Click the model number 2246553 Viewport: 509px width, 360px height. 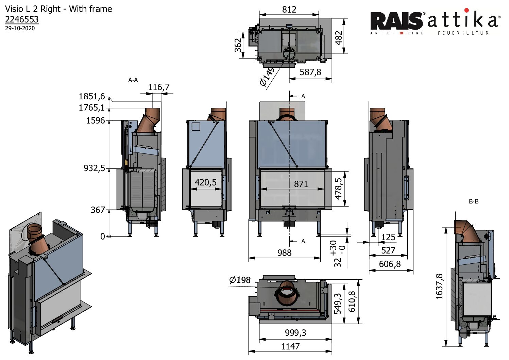pyautogui.click(x=22, y=19)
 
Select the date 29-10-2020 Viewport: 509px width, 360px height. pyautogui.click(x=20, y=28)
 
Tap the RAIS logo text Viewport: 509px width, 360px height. pyautogui.click(x=396, y=21)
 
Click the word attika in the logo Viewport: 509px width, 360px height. pyautogui.click(x=463, y=20)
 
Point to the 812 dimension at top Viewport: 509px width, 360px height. pyautogui.click(x=289, y=10)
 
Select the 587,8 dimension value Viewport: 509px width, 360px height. pyautogui.click(x=310, y=72)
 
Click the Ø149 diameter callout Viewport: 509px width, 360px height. pyautogui.click(x=267, y=77)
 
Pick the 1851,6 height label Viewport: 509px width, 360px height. pyautogui.click(x=92, y=96)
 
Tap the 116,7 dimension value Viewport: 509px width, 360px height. pyautogui.click(x=158, y=87)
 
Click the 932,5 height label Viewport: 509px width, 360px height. pyautogui.click(x=94, y=168)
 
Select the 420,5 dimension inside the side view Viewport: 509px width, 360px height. pyautogui.click(x=205, y=182)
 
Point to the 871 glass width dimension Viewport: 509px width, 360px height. pyautogui.click(x=301, y=184)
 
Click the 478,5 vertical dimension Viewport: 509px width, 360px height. pyautogui.click(x=338, y=189)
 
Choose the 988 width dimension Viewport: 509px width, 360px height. pyautogui.click(x=284, y=253)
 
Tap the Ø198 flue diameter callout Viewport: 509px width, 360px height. pyautogui.click(x=240, y=280)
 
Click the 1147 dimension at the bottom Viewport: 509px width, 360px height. pyautogui.click(x=290, y=346)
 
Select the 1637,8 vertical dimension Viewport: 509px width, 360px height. pyautogui.click(x=439, y=287)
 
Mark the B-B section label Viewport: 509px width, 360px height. pyautogui.click(x=473, y=201)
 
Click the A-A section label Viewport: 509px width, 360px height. pyautogui.click(x=133, y=80)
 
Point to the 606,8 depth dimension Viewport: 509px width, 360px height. pyautogui.click(x=390, y=264)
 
